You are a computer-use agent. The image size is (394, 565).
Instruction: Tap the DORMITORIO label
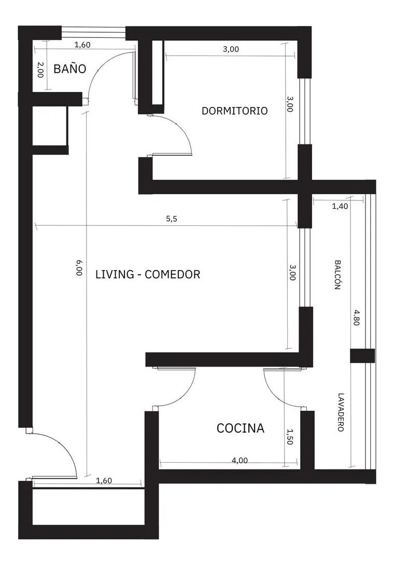[x=235, y=111]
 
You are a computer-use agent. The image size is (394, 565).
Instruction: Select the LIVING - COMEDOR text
[x=148, y=274]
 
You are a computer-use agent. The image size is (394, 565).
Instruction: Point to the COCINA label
[x=241, y=428]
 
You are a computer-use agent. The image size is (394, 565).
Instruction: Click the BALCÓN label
[x=337, y=275]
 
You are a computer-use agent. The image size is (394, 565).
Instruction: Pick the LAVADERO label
[x=341, y=412]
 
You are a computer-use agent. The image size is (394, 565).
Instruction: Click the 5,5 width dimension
[x=172, y=219]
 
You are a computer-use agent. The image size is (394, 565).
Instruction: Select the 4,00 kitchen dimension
[x=240, y=460]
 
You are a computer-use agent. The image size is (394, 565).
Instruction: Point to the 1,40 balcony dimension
[x=340, y=207]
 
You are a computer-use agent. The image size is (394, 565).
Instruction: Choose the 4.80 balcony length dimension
[x=356, y=317]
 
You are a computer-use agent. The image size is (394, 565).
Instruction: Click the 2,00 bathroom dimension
[x=40, y=70]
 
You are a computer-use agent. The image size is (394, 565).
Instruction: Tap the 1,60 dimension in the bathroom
[x=82, y=45]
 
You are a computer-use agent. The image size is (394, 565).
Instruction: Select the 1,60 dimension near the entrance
[x=104, y=480]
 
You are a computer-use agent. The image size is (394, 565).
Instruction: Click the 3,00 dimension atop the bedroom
[x=231, y=49]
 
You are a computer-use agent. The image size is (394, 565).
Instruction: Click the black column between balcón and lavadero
[x=362, y=356]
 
